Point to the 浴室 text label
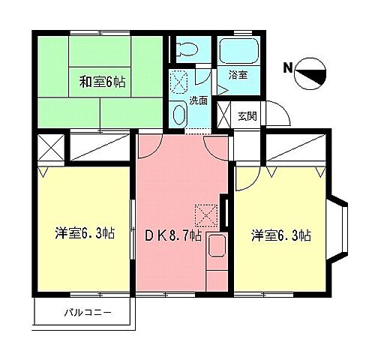pyautogui.click(x=238, y=76)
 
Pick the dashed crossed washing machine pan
pyautogui.click(x=179, y=80)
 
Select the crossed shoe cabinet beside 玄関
pyautogui.click(x=223, y=114)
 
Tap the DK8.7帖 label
pyautogui.click(x=172, y=235)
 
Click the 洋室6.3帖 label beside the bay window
pyautogui.click(x=281, y=235)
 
